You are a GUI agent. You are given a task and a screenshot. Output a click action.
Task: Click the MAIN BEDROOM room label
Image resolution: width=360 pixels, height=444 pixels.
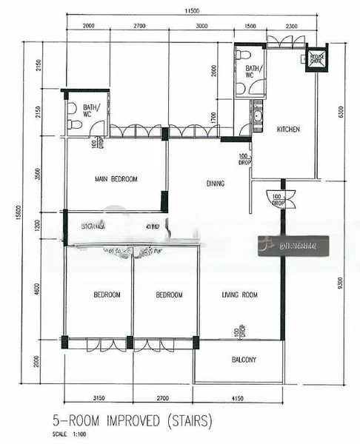[x=116, y=179]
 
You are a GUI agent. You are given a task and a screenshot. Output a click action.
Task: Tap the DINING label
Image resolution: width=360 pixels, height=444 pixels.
[x=216, y=184]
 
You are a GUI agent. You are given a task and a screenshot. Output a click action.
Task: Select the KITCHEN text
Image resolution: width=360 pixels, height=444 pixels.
[x=288, y=129]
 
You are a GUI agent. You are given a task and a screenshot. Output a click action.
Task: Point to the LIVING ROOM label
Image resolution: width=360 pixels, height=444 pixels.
[x=239, y=295]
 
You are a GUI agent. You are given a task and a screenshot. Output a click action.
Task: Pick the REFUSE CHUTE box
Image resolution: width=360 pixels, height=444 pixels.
[x=317, y=58]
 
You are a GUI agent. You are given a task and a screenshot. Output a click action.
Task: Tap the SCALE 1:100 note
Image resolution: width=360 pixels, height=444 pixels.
[x=69, y=434]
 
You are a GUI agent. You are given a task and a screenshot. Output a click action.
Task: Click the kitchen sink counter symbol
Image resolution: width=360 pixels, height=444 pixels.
[x=257, y=118]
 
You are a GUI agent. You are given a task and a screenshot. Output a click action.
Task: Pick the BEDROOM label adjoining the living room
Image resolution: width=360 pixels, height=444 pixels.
[x=169, y=295]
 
